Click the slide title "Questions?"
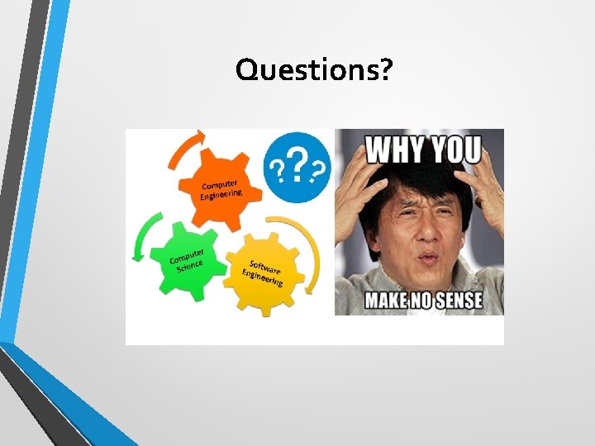click(314, 71)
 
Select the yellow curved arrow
click(310, 248)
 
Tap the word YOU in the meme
click(455, 150)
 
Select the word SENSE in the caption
click(464, 299)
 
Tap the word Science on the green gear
click(189, 266)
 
